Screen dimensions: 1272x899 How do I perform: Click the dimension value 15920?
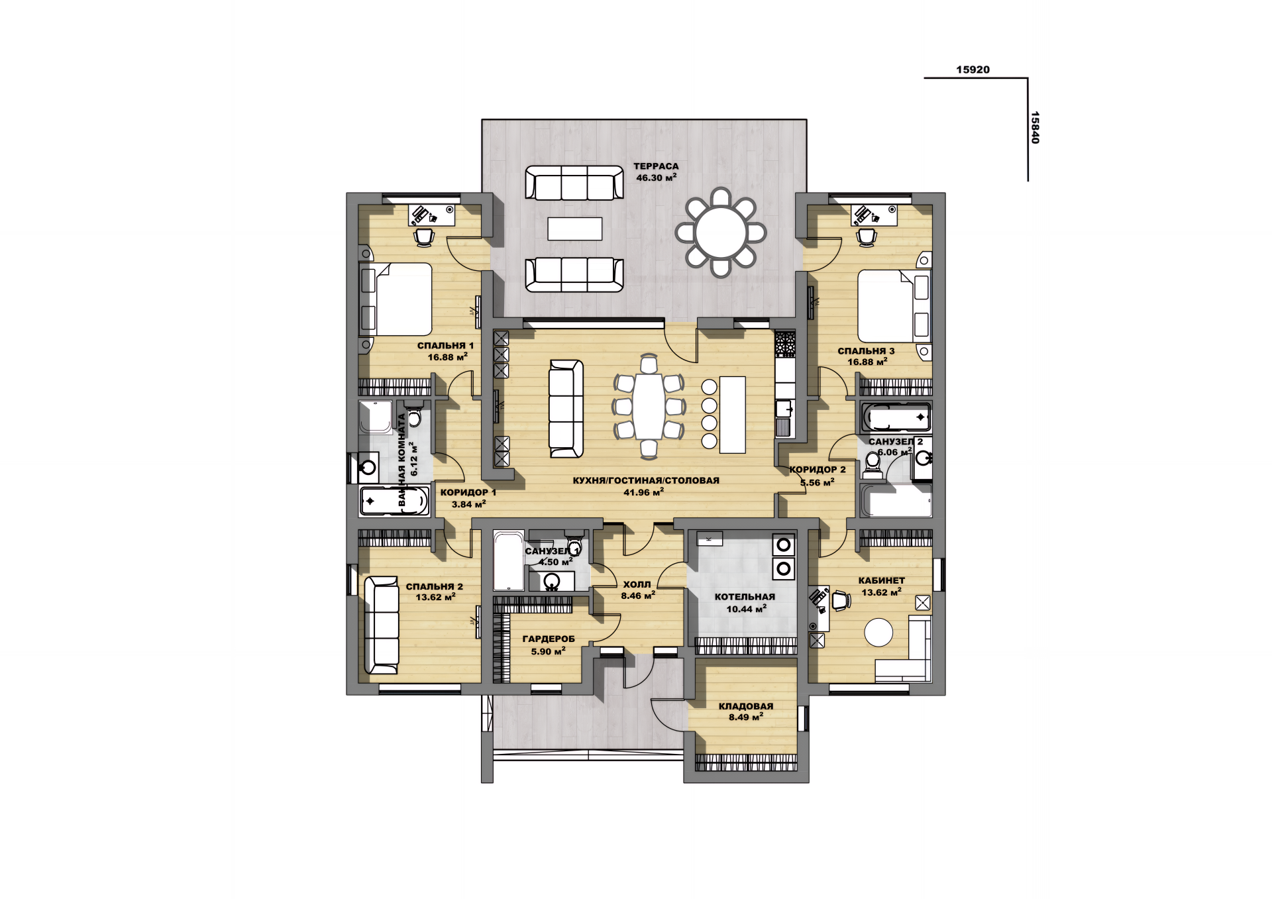973,70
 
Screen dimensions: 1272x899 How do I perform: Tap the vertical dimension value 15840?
1035,127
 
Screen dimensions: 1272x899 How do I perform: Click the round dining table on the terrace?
721,233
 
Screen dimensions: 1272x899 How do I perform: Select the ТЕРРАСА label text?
656,166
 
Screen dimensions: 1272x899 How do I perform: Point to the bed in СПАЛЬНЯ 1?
396,299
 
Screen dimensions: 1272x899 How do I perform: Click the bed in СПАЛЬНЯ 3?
894,305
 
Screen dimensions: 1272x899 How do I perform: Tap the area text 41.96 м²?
643,492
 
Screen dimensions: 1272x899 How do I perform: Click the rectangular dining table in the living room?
649,406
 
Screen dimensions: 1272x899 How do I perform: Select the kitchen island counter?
732,415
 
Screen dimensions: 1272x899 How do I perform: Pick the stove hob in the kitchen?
785,343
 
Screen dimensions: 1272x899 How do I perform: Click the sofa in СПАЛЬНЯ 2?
382,625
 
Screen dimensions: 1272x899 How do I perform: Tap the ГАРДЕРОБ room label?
549,639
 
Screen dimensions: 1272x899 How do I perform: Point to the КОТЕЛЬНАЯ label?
745,597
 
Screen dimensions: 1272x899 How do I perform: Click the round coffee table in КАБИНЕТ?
878,632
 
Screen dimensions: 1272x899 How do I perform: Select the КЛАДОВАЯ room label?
746,706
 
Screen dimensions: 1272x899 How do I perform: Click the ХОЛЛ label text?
637,584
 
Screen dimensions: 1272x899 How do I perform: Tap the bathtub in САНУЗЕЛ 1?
509,560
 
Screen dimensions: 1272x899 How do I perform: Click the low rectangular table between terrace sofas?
574,229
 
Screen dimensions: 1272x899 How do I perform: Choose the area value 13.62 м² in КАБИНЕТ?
881,592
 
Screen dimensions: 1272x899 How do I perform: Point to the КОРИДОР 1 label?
468,492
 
